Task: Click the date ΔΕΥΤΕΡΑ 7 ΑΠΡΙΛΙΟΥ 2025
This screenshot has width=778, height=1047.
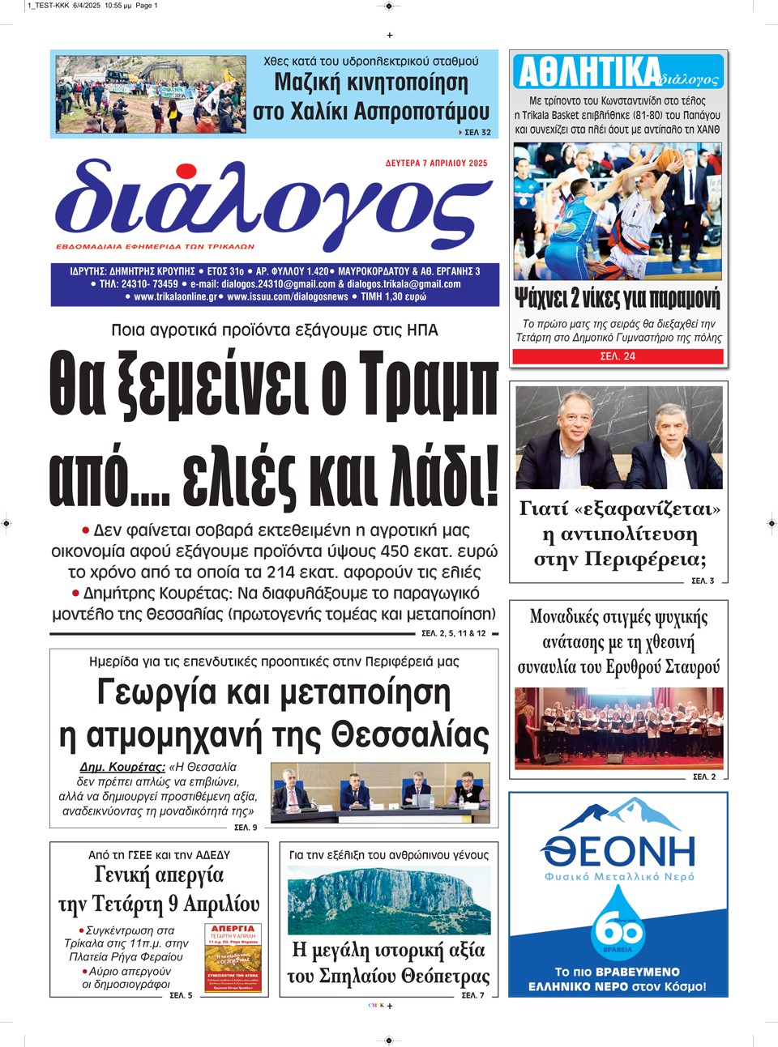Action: pyautogui.click(x=436, y=163)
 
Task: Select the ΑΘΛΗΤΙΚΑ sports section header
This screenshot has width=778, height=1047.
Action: pyautogui.click(x=588, y=72)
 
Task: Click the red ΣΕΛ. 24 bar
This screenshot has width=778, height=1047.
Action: pyautogui.click(x=618, y=356)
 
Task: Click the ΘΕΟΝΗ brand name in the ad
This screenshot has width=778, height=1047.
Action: pyautogui.click(x=618, y=851)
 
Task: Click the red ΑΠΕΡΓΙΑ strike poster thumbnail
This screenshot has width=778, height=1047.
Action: pyautogui.click(x=233, y=958)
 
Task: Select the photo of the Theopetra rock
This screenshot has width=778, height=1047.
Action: pyautogui.click(x=389, y=899)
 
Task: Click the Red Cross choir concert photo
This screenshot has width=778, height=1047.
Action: pyautogui.click(x=618, y=726)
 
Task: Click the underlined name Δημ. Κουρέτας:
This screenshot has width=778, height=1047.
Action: pyautogui.click(x=122, y=767)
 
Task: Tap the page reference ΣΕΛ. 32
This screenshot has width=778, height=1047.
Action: pyautogui.click(x=477, y=132)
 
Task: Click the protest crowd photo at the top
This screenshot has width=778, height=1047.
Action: pyautogui.click(x=151, y=94)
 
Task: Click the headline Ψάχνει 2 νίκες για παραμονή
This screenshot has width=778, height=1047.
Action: pyautogui.click(x=618, y=298)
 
